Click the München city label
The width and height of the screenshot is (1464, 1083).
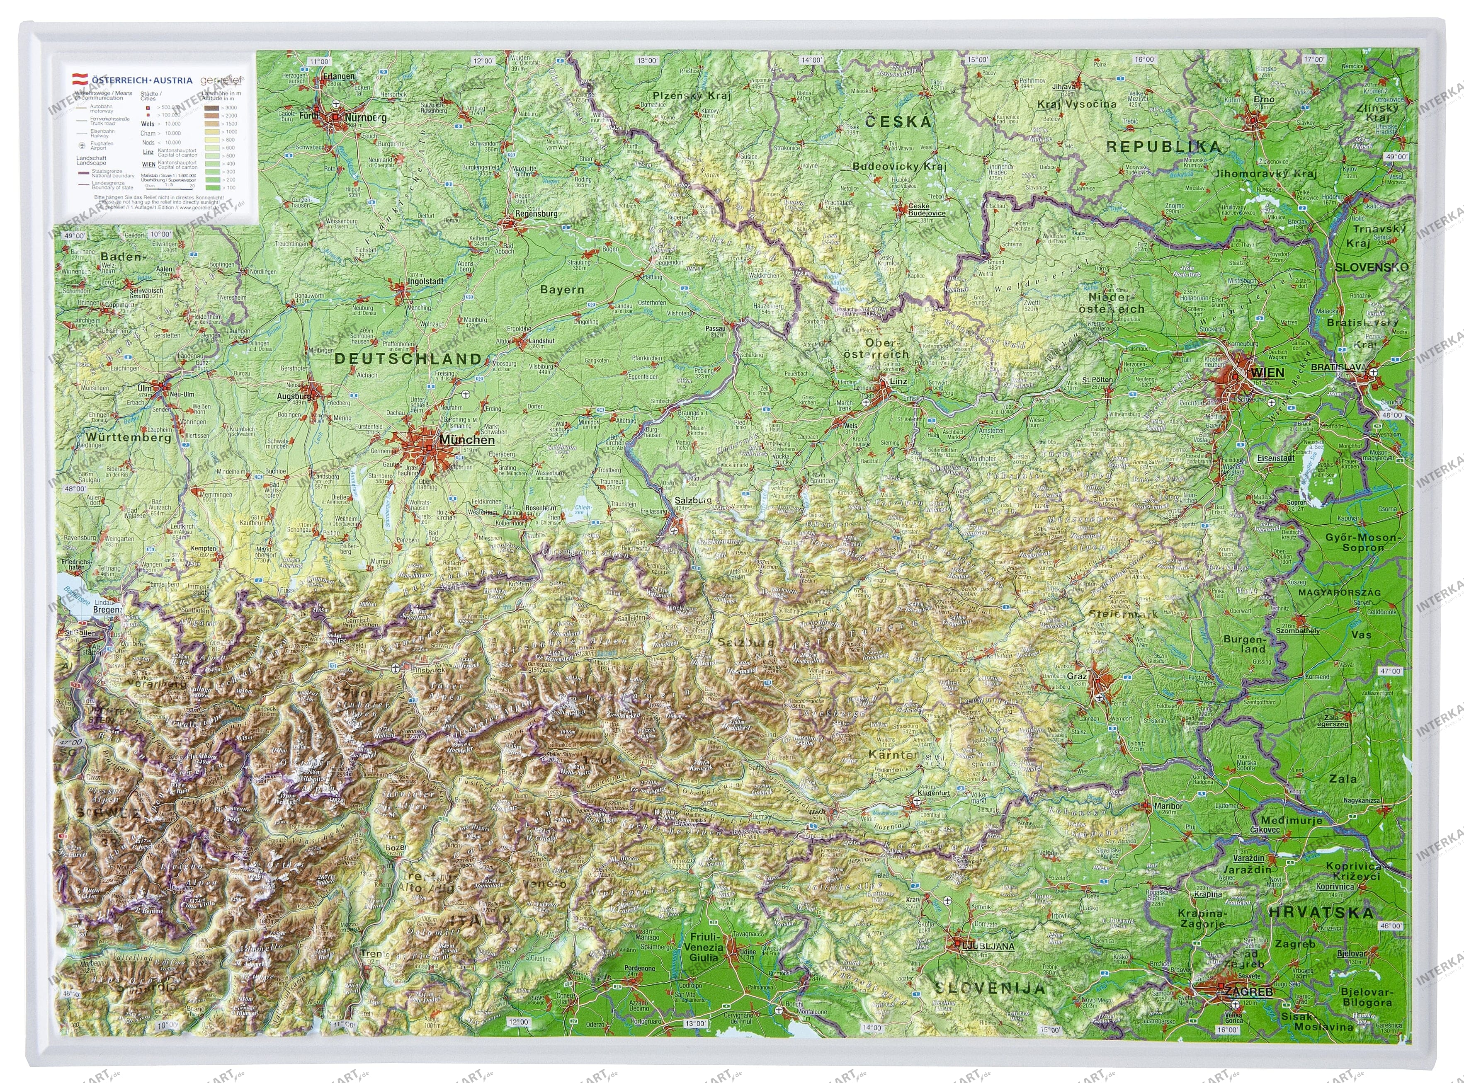467,440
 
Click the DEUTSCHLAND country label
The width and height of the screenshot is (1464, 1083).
408,359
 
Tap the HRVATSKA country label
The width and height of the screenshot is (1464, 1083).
1320,913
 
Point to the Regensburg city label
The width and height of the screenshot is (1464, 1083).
536,214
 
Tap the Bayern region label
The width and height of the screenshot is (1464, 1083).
562,289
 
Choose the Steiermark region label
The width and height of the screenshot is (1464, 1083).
1123,614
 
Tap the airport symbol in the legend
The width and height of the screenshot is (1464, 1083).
82,145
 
